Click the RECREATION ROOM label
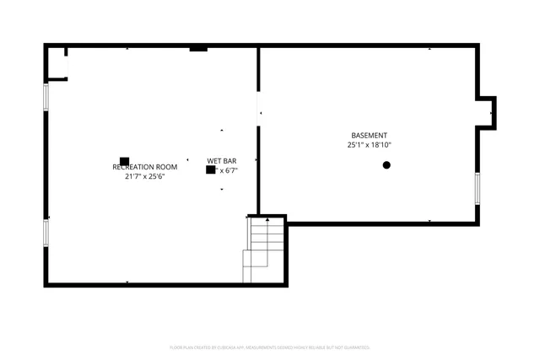145,167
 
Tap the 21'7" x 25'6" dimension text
144,177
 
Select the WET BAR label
221,160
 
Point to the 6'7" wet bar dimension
229,170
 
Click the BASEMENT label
370,136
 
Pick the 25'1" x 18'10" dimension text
370,145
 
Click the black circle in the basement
386,165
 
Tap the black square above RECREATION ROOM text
124,161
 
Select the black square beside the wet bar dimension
210,169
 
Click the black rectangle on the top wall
198,49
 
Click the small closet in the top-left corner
57,63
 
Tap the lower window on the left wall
47,232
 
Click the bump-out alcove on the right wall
486,111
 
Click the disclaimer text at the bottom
269,347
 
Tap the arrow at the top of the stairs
267,221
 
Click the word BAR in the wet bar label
230,160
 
